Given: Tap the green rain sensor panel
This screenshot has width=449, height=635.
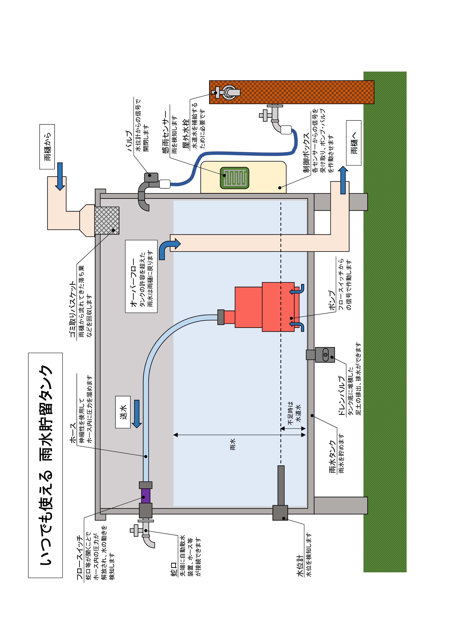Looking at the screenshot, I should [x=234, y=178].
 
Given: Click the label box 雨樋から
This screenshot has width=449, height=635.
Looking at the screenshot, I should [x=47, y=147].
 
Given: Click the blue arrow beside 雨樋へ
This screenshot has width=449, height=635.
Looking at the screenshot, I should [x=343, y=180].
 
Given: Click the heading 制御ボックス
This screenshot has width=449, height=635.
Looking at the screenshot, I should [x=306, y=153].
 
